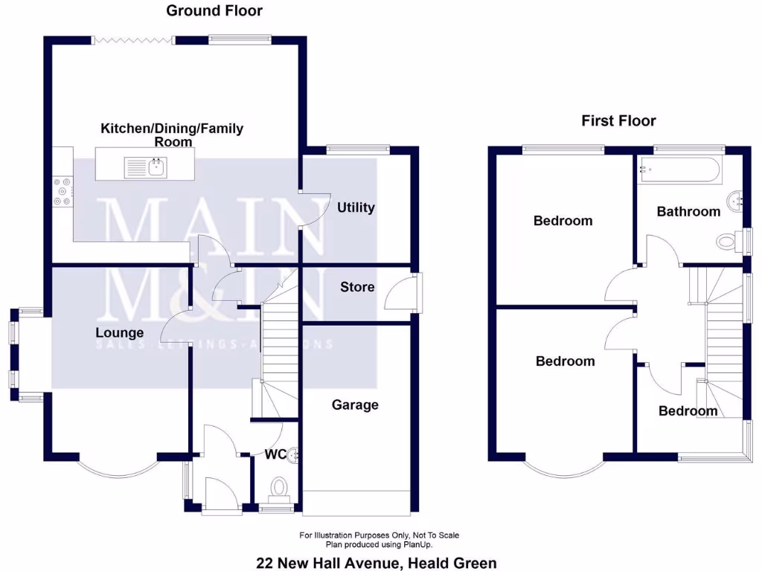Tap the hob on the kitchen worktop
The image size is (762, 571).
click(62, 191)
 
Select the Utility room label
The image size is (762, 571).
click(356, 207)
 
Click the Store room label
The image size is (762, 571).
click(357, 287)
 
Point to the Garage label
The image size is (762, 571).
click(355, 405)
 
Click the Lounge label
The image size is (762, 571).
click(119, 332)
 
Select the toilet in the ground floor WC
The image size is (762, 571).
click(280, 488)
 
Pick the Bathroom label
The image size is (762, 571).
click(688, 212)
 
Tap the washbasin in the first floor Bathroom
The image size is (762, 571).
click(735, 200)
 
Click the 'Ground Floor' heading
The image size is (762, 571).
click(214, 10)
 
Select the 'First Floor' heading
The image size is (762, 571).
click(618, 120)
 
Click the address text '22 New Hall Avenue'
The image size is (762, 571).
click(327, 563)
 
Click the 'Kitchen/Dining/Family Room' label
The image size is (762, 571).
click(172, 135)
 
